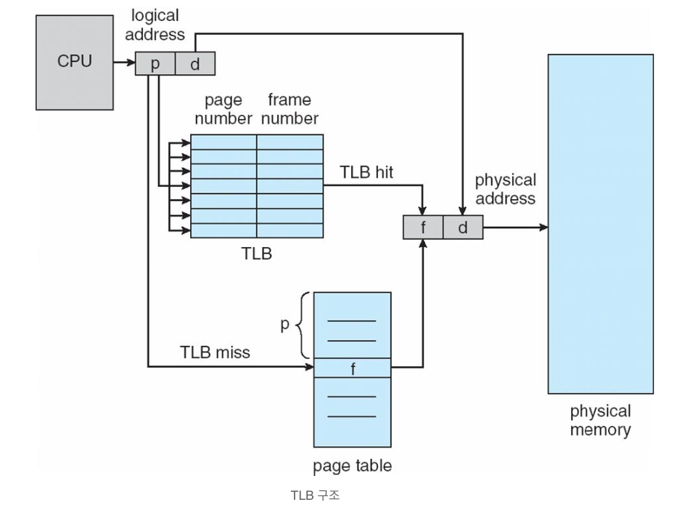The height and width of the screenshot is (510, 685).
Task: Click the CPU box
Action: pyautogui.click(x=75, y=62)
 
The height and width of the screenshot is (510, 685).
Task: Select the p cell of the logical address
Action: pyautogui.click(x=155, y=63)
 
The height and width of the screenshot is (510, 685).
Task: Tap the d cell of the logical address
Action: pyautogui.click(x=195, y=63)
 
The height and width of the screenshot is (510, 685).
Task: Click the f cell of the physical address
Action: pyautogui.click(x=423, y=227)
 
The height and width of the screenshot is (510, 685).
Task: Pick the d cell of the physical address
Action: pyautogui.click(x=463, y=227)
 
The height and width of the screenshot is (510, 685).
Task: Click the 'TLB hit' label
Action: pyautogui.click(x=366, y=172)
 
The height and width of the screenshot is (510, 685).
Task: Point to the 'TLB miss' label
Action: pyautogui.click(x=215, y=352)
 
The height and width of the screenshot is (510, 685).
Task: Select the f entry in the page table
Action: pyautogui.click(x=352, y=368)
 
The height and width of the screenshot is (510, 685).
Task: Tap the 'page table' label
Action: pyautogui.click(x=352, y=466)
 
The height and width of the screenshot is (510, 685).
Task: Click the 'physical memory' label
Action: pyautogui.click(x=601, y=420)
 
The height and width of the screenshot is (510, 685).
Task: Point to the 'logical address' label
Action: pyautogui.click(x=155, y=25)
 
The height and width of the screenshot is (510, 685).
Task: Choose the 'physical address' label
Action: pyautogui.click(x=506, y=189)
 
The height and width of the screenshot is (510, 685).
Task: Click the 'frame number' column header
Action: pyautogui.click(x=290, y=109)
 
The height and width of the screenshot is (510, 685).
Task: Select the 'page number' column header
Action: pyautogui.click(x=223, y=110)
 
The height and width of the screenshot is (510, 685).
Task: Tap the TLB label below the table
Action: pyautogui.click(x=257, y=254)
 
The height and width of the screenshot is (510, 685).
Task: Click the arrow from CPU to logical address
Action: pyautogui.click(x=125, y=62)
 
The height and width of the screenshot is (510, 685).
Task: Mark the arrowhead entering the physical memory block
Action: pyautogui.click(x=544, y=227)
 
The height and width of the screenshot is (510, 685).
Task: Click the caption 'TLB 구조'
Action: pyautogui.click(x=315, y=495)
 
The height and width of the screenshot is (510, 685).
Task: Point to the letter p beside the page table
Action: pyautogui.click(x=285, y=325)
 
